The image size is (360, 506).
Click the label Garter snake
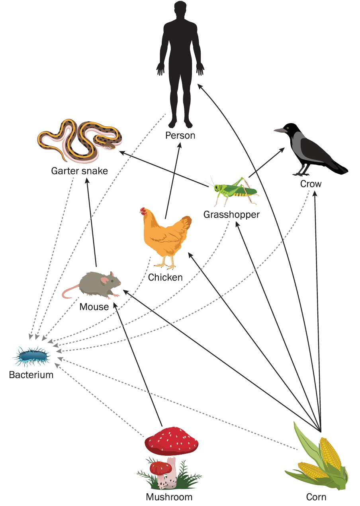click(79, 171)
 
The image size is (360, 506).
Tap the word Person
click(180, 135)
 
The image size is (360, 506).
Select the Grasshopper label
click(231, 215)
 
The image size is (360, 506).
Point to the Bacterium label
click(31, 375)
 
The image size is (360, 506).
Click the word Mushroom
click(169, 497)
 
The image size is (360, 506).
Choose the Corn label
click(316, 497)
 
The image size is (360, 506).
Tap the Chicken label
click(165, 277)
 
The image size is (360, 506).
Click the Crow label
click(311, 184)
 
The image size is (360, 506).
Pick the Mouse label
click(94, 307)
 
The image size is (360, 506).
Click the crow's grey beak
click(280, 130)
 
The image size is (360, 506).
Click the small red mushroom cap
click(160, 467)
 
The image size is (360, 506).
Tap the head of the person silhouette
click(180, 10)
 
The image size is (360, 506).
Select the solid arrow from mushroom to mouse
click(137, 363)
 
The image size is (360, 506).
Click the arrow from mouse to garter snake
click(92, 223)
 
